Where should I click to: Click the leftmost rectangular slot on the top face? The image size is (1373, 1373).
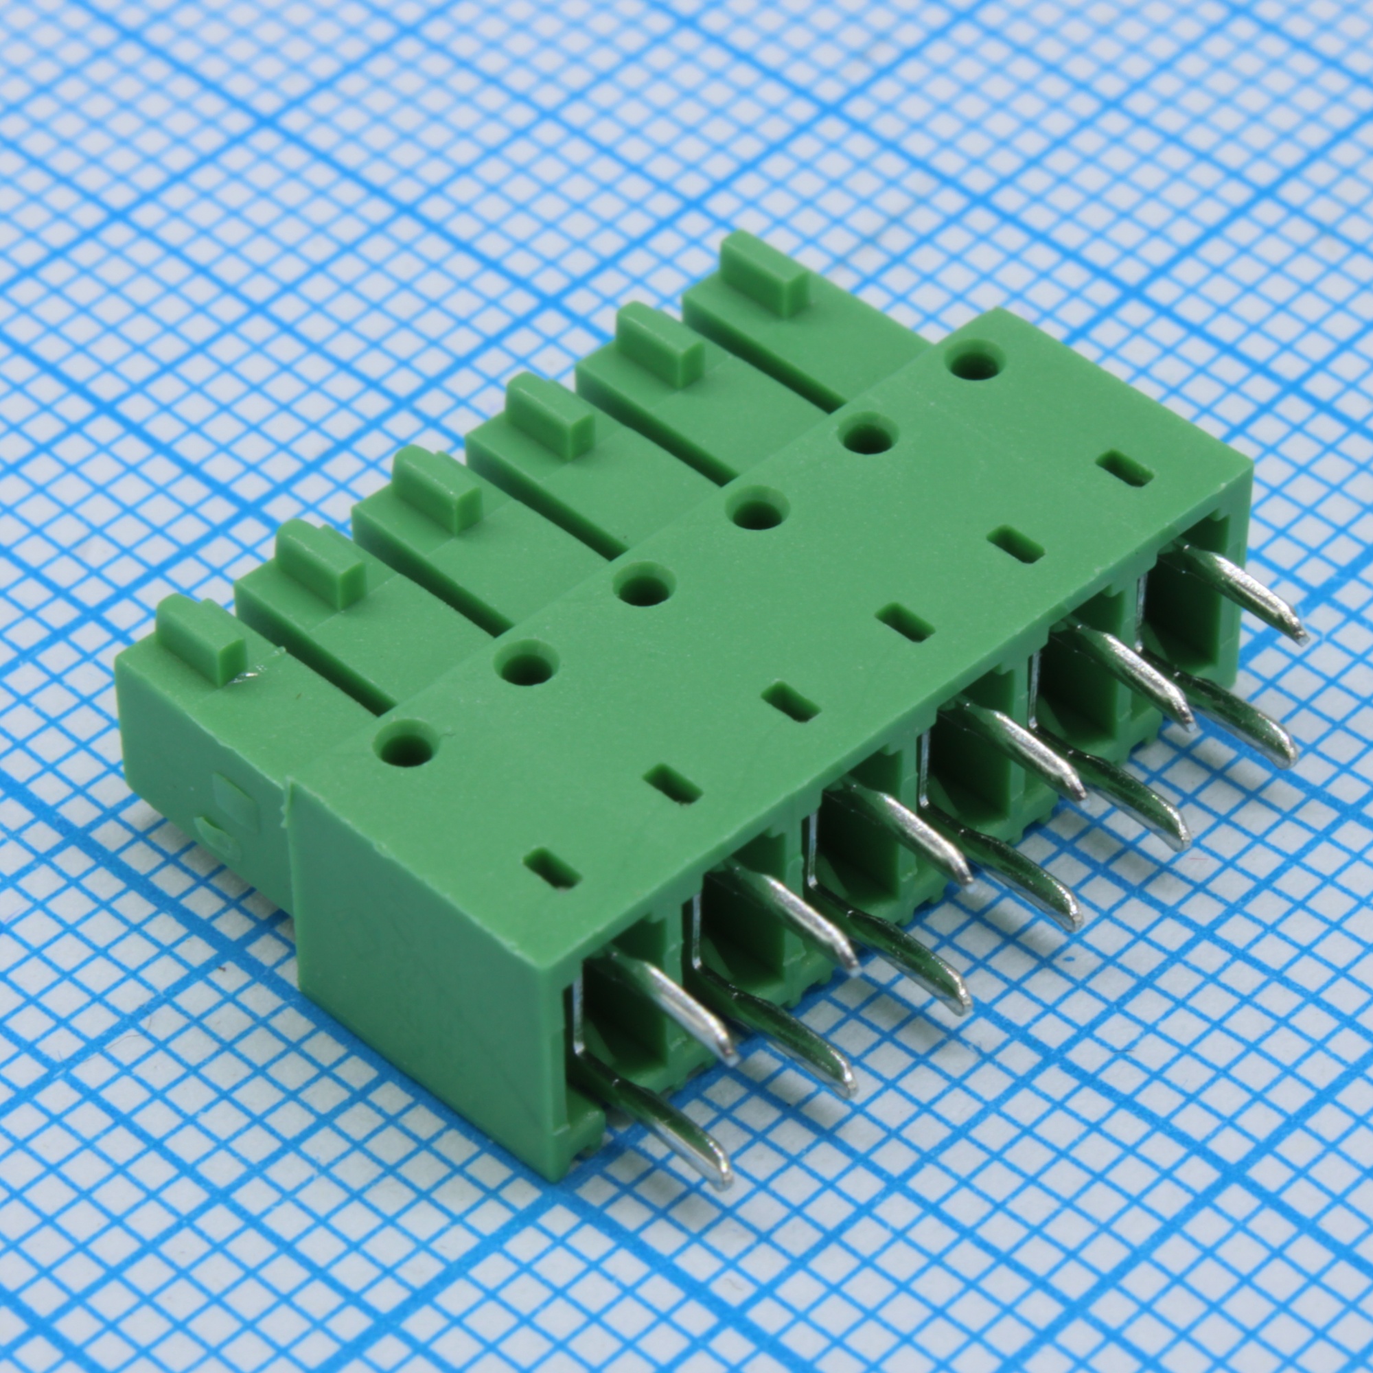tap(552, 868)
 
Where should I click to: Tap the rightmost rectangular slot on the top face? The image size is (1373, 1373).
tap(1124, 470)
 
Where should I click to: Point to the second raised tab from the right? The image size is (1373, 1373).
tap(660, 345)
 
